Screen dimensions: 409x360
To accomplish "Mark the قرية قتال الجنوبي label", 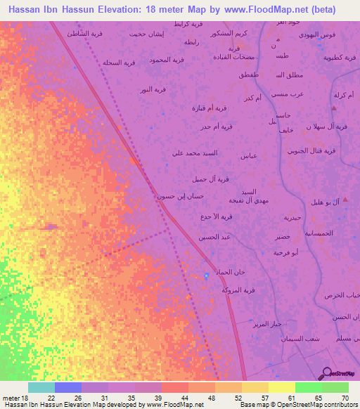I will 307,151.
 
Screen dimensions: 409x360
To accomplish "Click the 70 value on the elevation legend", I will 345,398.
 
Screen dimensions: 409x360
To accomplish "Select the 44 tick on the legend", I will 174,398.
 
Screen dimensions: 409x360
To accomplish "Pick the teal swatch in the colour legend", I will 41,387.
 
